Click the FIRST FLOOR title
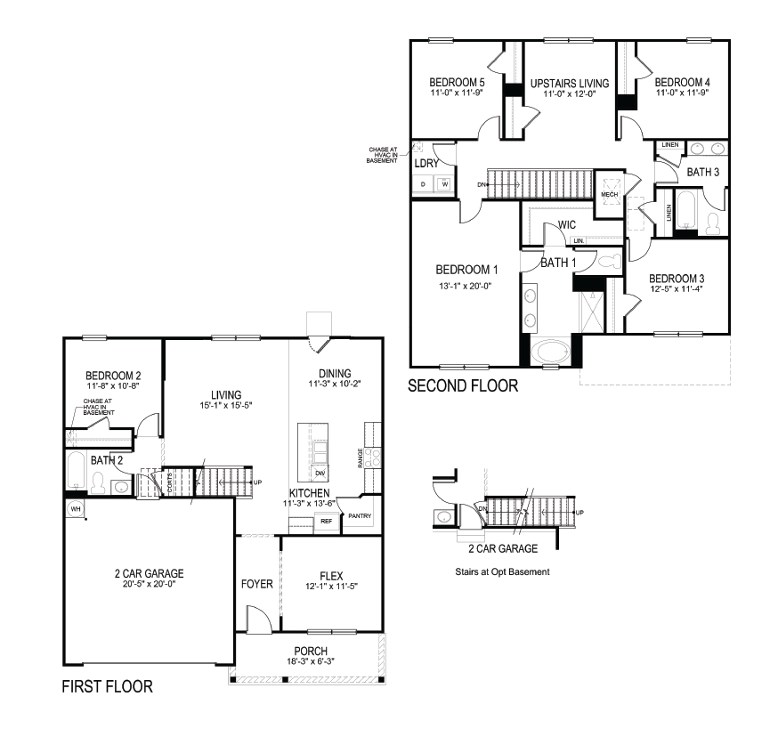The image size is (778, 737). pyautogui.click(x=106, y=686)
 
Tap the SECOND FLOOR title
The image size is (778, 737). pyautogui.click(x=462, y=386)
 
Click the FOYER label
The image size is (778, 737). pyautogui.click(x=256, y=585)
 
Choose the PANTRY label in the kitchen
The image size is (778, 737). pyautogui.click(x=361, y=515)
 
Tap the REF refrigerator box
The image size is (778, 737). pyautogui.click(x=326, y=521)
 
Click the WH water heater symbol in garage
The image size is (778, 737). pyautogui.click(x=76, y=508)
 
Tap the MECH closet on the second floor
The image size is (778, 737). pyautogui.click(x=609, y=193)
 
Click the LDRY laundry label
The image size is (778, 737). pyautogui.click(x=425, y=165)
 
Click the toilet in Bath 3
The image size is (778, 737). pyautogui.click(x=713, y=223)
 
